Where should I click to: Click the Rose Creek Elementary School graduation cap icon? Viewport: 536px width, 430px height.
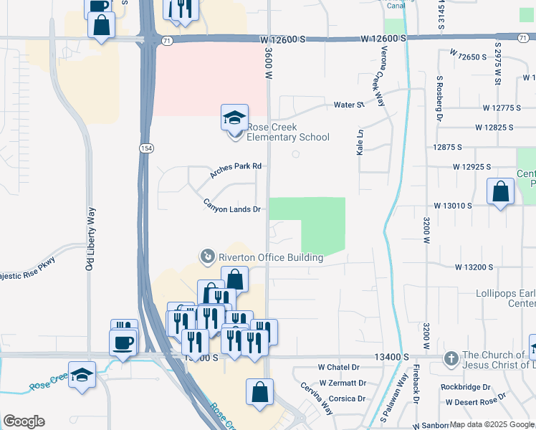tap(234, 118)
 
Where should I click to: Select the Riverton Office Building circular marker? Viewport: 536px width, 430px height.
tap(207, 256)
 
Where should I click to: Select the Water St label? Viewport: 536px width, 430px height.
tap(349, 105)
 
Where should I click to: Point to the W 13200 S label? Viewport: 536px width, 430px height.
tap(474, 267)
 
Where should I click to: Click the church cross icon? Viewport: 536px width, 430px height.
tap(451, 358)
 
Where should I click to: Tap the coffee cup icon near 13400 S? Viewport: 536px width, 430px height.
tap(122, 342)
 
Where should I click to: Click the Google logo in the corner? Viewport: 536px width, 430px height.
tap(24, 421)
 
